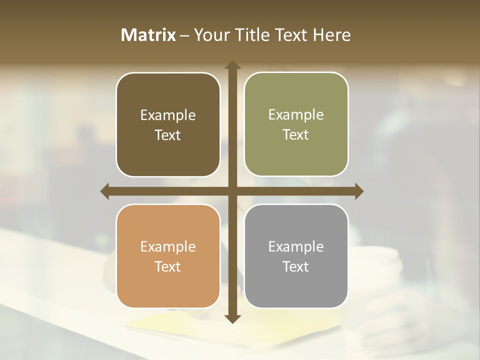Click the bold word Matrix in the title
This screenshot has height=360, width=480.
148,35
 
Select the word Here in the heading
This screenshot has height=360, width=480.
332,35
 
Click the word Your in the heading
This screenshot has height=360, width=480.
209,35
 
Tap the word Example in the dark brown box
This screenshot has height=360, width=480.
168,115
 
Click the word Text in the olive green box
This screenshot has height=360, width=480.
296,135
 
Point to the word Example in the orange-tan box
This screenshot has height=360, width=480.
168,247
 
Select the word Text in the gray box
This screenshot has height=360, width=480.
296,266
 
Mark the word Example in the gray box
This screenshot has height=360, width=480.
296,247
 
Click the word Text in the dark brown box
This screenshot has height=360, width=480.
168,135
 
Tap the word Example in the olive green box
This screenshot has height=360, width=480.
296,115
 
